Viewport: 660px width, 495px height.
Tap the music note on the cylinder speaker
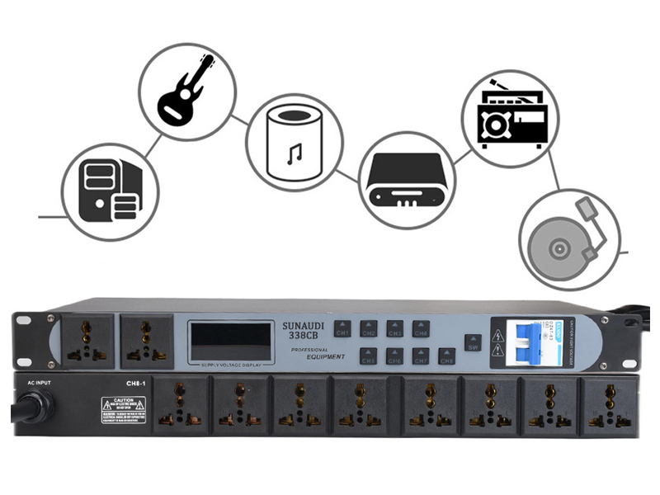295,153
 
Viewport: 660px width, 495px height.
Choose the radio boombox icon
512,116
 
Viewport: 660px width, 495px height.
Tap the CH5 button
367,359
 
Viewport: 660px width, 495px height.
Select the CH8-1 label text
135,382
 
